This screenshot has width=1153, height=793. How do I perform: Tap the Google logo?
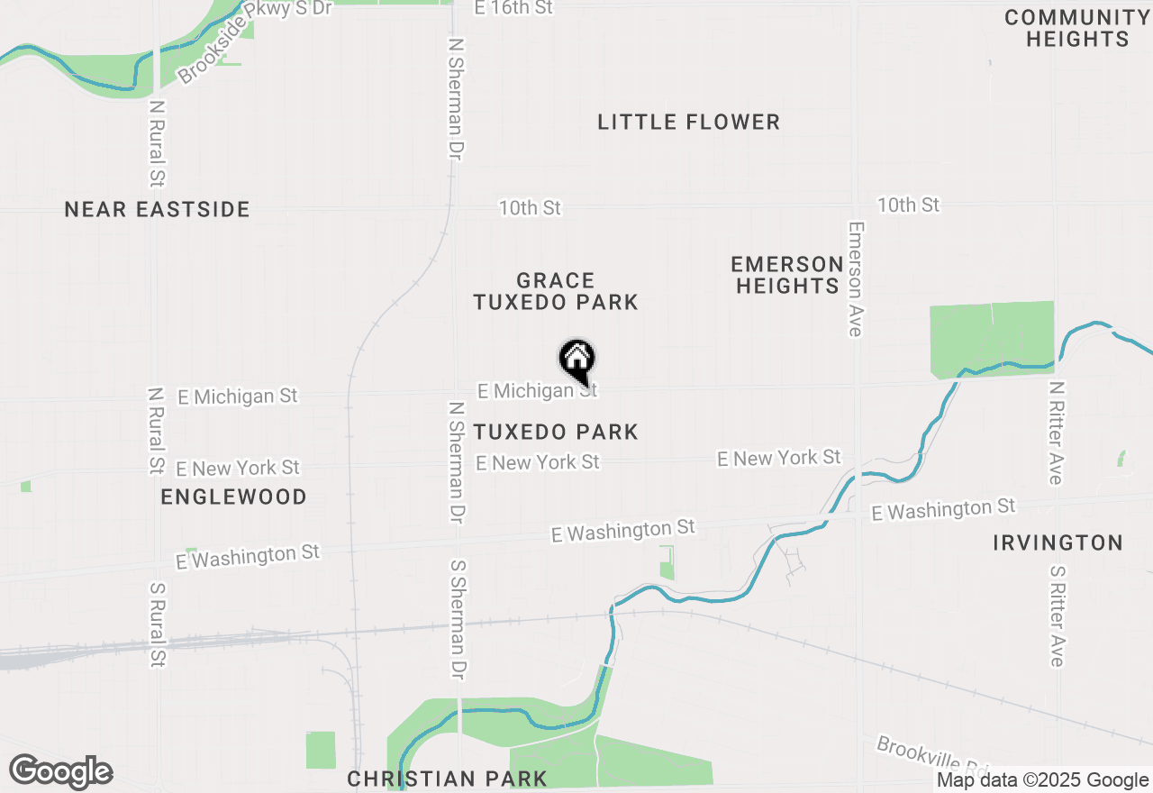pyautogui.click(x=60, y=771)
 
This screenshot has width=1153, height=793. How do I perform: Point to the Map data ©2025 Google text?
pyautogui.click(x=1042, y=780)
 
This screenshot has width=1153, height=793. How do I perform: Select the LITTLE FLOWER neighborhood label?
pyautogui.click(x=688, y=123)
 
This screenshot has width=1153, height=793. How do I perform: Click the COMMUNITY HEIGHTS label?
pyautogui.click(x=1076, y=29)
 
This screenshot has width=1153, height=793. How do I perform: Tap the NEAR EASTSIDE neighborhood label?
pyautogui.click(x=157, y=210)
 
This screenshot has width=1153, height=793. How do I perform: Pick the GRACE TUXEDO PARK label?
pyautogui.click(x=556, y=291)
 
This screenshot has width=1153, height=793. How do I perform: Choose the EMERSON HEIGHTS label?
pyautogui.click(x=786, y=275)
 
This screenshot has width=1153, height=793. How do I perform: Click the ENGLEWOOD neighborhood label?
pyautogui.click(x=233, y=497)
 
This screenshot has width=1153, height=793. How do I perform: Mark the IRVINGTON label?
pyautogui.click(x=1058, y=542)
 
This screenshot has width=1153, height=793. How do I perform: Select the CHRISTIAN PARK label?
pyautogui.click(x=447, y=779)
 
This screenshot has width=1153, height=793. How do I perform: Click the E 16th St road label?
pyautogui.click(x=513, y=8)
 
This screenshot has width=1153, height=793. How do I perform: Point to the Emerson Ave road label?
pyautogui.click(x=856, y=279)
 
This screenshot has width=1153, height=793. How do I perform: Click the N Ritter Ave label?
pyautogui.click(x=1056, y=433)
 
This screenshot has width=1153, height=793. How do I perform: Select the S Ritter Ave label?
pyautogui.click(x=1057, y=616)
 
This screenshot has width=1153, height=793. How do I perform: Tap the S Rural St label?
pyautogui.click(x=157, y=624)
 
